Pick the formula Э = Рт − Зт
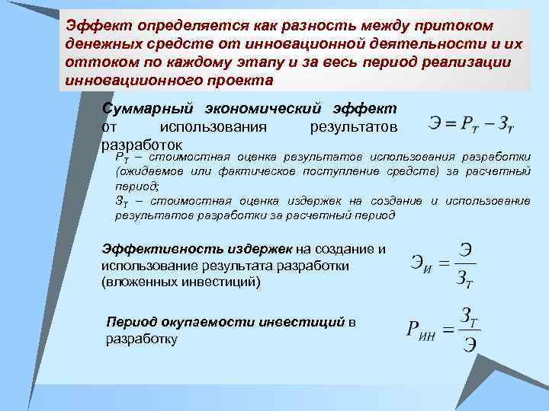coord(471,121)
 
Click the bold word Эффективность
coord(150,249)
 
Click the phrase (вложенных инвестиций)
coord(181,282)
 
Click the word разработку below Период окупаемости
coord(142,339)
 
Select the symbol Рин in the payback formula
coord(419,332)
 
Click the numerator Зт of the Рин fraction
coord(469,316)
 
